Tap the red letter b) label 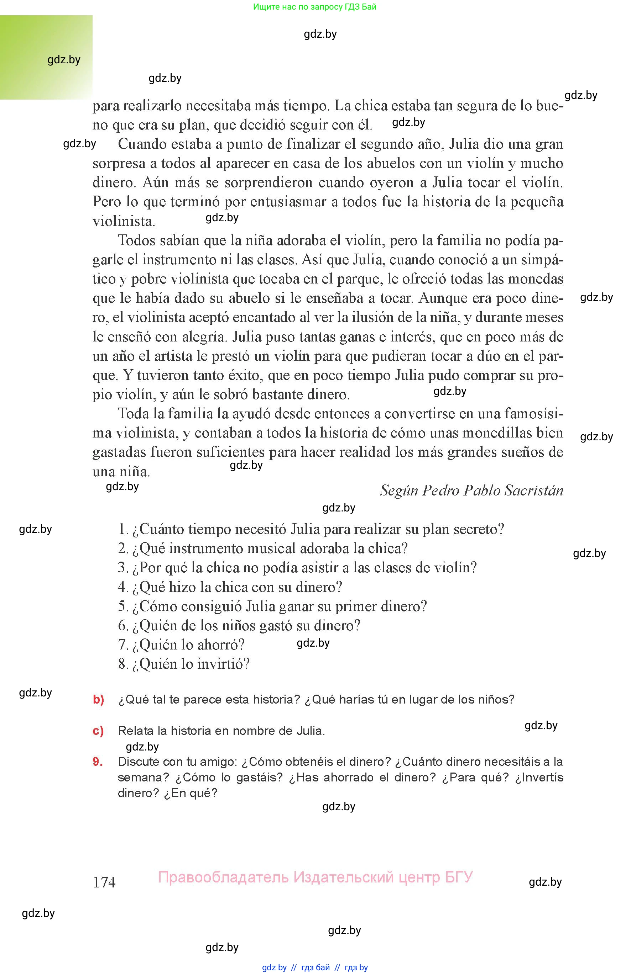[x=98, y=699]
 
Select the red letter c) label [x=98, y=731]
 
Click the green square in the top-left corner [x=46, y=57]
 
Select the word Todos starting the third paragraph [x=137, y=240]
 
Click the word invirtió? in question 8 [x=223, y=663]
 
